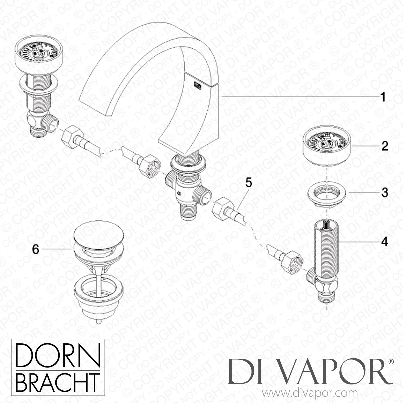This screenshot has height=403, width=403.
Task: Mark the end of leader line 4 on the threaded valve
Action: click(x=341, y=242)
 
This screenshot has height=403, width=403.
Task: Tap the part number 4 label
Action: click(x=385, y=242)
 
